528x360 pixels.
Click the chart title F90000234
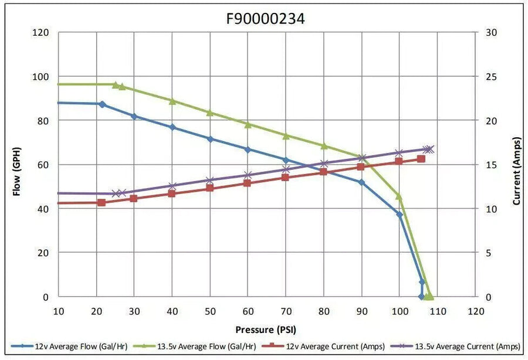265,19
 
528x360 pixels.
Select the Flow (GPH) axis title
17,172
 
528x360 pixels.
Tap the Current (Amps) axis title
517,171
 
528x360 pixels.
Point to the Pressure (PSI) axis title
266,330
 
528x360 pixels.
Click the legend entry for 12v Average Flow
69,346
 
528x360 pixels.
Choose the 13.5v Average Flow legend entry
195,346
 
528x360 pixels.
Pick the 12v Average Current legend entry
323,346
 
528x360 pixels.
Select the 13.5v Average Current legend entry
455,346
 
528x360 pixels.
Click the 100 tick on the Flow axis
40,76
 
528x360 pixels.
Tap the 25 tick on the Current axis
492,77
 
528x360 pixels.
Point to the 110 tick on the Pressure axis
438,311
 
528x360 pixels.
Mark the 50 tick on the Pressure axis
210,311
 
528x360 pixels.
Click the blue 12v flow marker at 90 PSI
361,182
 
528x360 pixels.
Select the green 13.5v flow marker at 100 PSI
399,196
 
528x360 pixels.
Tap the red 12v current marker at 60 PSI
247,183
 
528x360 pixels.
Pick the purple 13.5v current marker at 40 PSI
172,186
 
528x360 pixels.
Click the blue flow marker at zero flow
421,297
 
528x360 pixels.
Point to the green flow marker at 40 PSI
172,101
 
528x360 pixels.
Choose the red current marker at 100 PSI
399,161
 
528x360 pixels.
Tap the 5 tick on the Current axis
489,253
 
